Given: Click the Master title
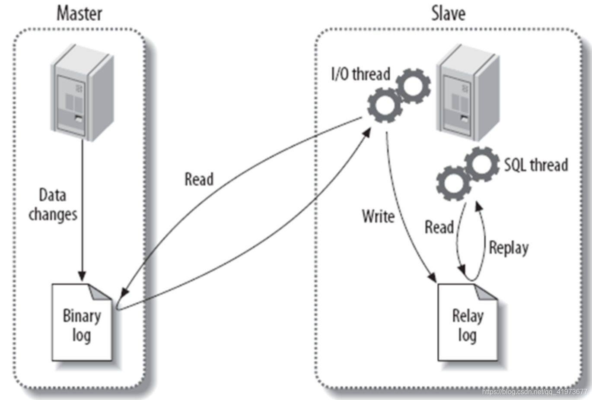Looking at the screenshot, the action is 79,13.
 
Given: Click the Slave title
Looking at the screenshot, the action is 448,13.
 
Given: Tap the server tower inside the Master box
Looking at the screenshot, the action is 82,92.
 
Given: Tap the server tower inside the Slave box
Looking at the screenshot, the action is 468,92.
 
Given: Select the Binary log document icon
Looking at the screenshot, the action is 82,322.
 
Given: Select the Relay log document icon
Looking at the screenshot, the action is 468,322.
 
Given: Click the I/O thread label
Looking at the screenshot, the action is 360,74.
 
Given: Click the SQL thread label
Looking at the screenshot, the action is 536,165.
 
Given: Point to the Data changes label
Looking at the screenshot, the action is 53,204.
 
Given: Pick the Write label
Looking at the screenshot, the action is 378,216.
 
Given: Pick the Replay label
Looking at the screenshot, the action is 509,248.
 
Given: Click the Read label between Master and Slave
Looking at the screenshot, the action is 199,179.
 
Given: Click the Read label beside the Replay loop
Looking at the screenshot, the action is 439,227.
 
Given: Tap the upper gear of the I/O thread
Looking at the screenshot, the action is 413,86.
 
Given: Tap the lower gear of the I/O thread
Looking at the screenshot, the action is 385,105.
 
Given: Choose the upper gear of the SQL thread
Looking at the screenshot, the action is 481,164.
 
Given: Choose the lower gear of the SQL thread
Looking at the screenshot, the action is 454,183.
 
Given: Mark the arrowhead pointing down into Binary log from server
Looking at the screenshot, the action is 82,276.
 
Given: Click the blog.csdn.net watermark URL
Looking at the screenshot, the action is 535,391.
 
